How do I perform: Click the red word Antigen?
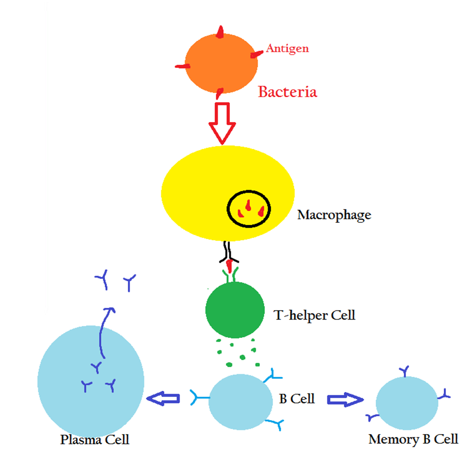tap(287, 49)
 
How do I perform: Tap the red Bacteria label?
tap(287, 92)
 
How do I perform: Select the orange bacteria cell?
tap(221, 64)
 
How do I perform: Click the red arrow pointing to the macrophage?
tap(222, 122)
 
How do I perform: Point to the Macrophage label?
tap(334, 215)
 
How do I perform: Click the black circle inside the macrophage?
tap(249, 209)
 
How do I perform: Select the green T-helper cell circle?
tap(235, 310)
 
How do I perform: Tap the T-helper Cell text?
tap(314, 315)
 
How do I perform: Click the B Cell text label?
tap(297, 399)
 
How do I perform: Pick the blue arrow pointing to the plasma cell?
tap(163, 398)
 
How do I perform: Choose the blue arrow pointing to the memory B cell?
tap(345, 400)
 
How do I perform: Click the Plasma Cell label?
tap(94, 440)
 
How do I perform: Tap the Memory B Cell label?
tap(413, 439)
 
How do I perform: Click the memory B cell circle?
tap(407, 403)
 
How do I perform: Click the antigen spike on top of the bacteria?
tap(220, 32)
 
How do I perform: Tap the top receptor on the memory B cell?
tap(405, 371)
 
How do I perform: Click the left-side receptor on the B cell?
tap(199, 397)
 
